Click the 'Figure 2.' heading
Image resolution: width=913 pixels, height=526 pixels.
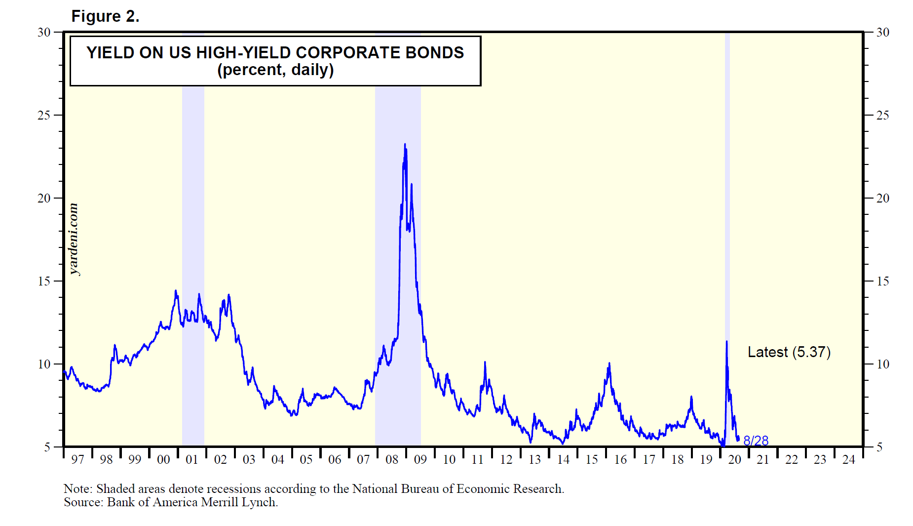(x=105, y=16)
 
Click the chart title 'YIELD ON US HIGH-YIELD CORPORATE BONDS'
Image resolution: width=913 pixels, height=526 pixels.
(x=275, y=52)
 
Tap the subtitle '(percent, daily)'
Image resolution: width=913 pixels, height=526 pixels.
(x=275, y=70)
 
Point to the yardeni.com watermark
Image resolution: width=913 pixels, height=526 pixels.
(x=74, y=239)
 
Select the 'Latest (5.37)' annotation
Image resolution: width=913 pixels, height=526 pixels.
(x=789, y=352)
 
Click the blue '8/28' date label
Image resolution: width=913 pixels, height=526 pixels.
(x=756, y=441)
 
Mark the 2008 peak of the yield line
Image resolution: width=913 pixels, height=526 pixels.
(x=405, y=145)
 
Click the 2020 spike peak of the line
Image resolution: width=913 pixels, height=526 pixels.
(x=726, y=342)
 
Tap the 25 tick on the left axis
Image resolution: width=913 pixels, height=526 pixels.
(x=44, y=115)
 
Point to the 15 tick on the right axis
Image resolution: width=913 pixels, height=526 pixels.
(x=882, y=281)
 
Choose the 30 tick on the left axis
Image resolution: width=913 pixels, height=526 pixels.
(x=44, y=32)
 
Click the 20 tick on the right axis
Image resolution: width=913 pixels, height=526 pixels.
(x=882, y=198)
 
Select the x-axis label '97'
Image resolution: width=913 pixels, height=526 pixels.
(x=77, y=460)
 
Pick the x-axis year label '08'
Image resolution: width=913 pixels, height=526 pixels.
(x=392, y=460)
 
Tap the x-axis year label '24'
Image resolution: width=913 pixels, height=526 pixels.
(x=848, y=460)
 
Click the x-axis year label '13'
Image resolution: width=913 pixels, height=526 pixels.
(x=534, y=460)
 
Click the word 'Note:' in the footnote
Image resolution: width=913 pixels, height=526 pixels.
(x=78, y=489)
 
